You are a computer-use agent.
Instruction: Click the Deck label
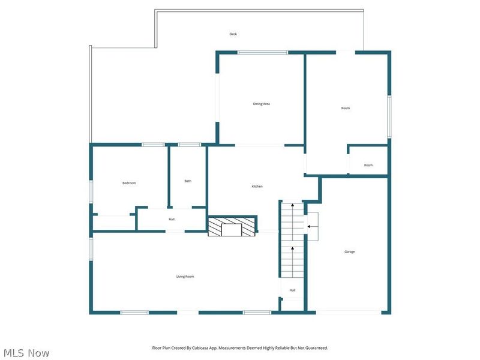click(233, 34)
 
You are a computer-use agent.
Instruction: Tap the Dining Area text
click(261, 104)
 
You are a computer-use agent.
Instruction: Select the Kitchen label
click(257, 187)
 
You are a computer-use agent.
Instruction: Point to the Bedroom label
click(129, 183)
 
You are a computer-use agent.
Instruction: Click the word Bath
click(188, 181)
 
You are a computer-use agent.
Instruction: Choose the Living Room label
click(185, 277)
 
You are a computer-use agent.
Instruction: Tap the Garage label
click(349, 251)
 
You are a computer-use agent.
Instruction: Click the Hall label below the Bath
click(172, 219)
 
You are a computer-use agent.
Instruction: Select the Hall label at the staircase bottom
click(292, 290)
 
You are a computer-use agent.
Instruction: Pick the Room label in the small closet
click(368, 165)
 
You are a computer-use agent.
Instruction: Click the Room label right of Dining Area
click(345, 108)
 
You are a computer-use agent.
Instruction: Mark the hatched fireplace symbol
click(232, 226)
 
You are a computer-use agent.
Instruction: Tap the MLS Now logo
click(26, 353)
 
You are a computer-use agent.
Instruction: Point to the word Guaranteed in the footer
click(316, 348)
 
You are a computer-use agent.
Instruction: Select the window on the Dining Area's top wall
click(262, 53)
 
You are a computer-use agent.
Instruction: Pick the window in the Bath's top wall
click(190, 145)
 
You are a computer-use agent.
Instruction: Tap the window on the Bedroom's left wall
click(91, 191)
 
